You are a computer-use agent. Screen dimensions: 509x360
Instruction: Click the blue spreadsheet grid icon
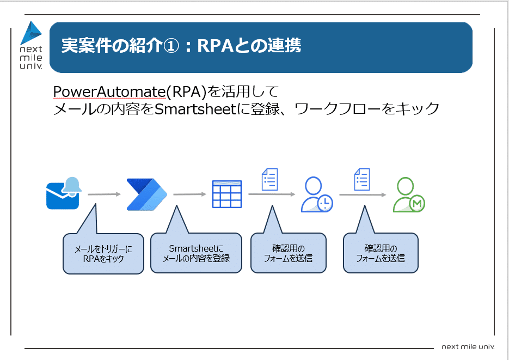click(227, 194)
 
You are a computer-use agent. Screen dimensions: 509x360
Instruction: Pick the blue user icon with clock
click(317, 194)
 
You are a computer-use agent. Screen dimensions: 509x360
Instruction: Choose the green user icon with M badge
click(409, 194)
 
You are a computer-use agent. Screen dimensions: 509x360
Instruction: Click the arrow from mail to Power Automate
click(104, 194)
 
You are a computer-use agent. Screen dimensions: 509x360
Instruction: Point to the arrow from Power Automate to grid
click(190, 194)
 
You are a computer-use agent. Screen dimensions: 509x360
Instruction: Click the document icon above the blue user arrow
click(270, 179)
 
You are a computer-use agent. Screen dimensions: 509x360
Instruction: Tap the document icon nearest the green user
click(362, 179)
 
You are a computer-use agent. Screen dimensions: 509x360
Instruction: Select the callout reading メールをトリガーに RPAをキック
click(103, 254)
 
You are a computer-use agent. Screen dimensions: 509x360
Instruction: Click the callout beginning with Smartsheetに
click(196, 254)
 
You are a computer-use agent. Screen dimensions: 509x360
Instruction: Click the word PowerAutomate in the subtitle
click(109, 92)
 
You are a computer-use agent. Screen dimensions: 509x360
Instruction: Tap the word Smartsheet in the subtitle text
click(194, 109)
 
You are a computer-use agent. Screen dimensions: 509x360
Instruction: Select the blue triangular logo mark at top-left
click(31, 33)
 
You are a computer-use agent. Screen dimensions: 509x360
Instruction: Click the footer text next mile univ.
click(468, 347)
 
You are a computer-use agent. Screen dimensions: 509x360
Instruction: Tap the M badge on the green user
click(418, 204)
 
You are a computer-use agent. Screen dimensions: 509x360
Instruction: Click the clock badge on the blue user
click(325, 204)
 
